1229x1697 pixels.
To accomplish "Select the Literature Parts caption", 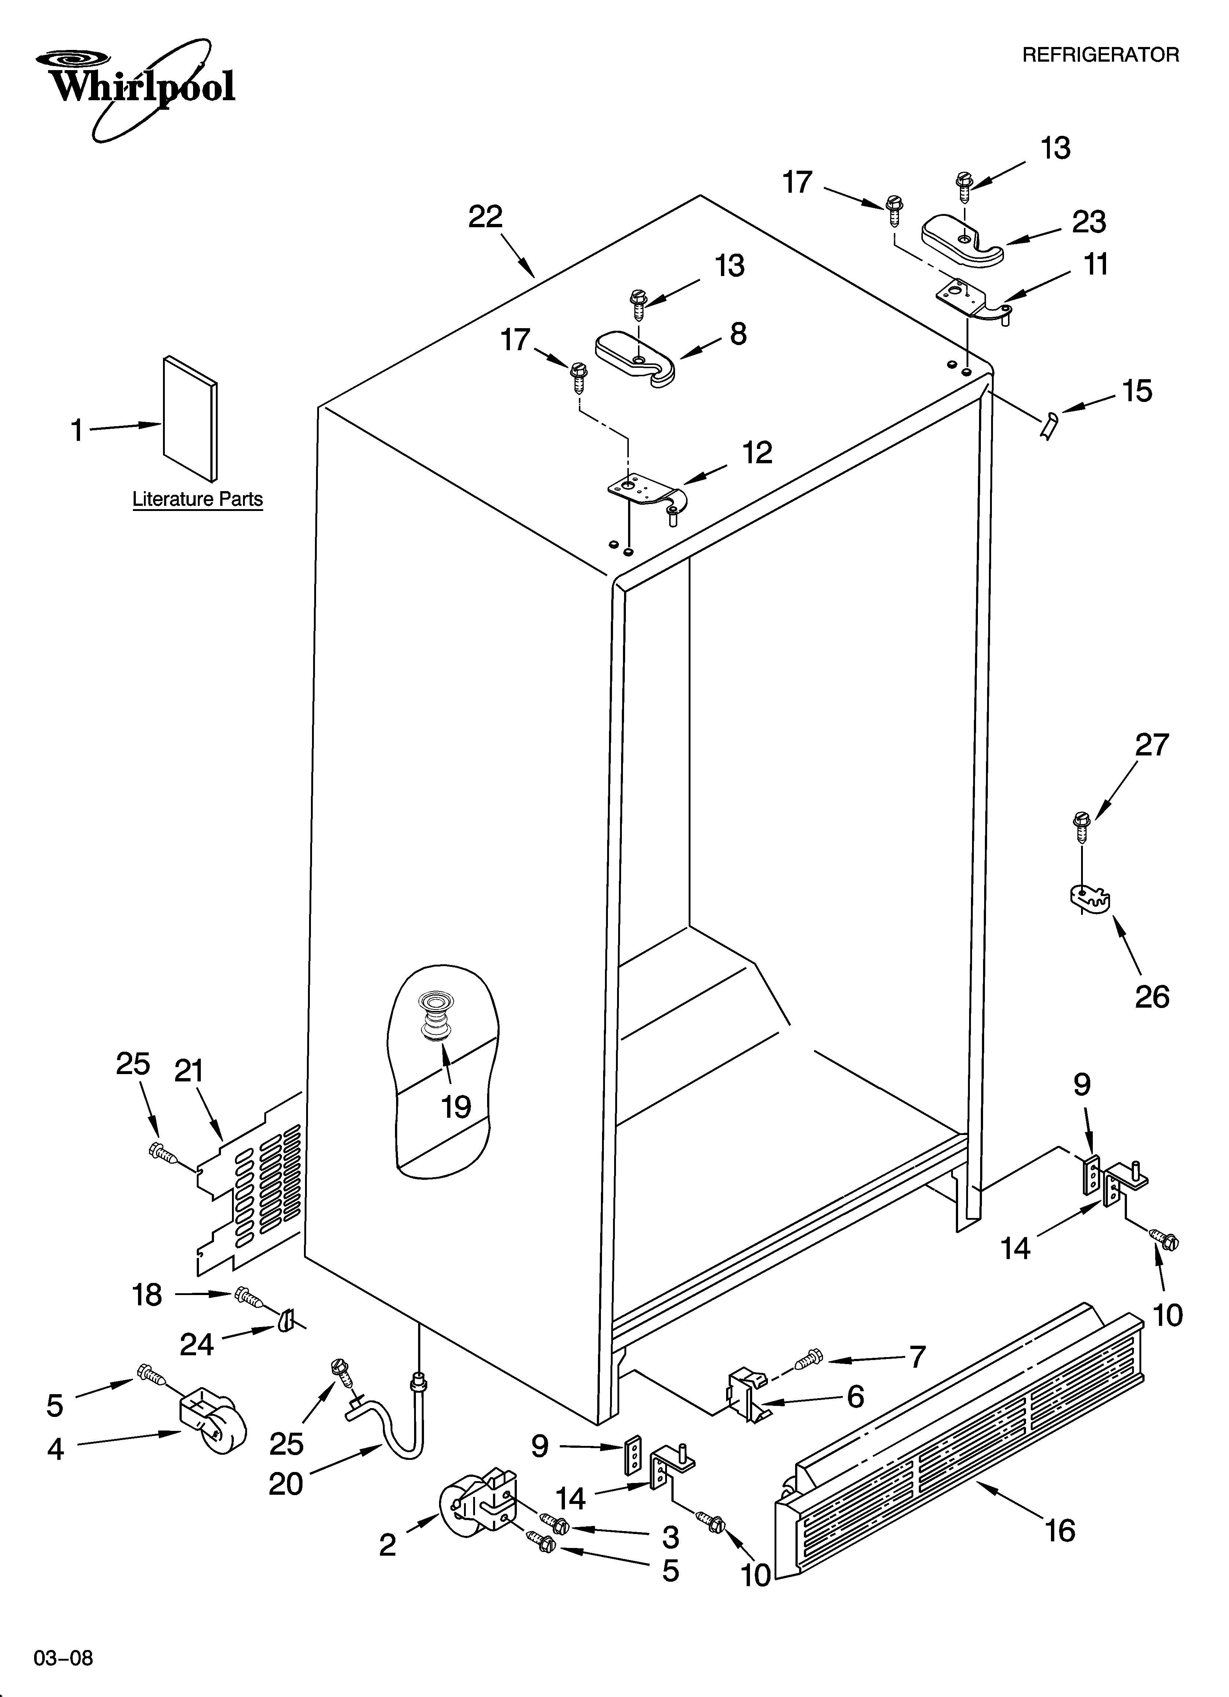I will pos(197,499).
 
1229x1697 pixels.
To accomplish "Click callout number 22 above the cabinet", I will pos(485,217).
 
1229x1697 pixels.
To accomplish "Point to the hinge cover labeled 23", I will pos(962,239).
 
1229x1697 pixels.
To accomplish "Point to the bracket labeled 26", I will pos(1089,898).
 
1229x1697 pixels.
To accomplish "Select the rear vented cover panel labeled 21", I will pos(251,1190).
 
